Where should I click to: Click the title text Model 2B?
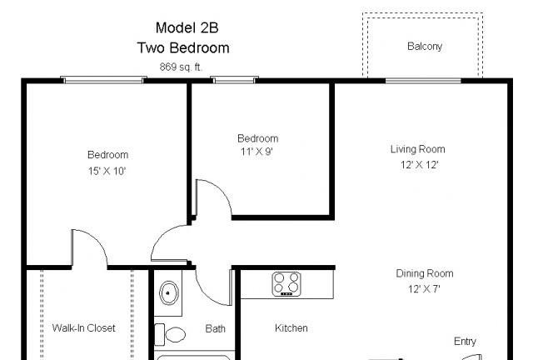tap(183, 28)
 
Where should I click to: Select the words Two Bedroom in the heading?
tap(183, 47)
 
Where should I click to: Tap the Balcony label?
tap(424, 47)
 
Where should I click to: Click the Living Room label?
tap(417, 149)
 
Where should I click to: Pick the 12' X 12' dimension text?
tap(418, 165)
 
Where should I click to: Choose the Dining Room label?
tap(425, 273)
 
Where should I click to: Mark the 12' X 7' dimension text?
tap(424, 289)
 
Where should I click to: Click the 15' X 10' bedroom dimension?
tap(107, 171)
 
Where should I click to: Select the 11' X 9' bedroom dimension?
tap(257, 152)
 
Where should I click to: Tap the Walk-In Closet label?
tap(84, 327)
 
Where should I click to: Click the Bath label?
tap(215, 328)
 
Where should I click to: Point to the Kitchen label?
tap(291, 328)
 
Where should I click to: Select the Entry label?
tap(465, 342)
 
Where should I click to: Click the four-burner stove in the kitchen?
tap(286, 284)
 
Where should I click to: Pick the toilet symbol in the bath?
tap(175, 335)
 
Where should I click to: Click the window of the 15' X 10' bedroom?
tap(103, 80)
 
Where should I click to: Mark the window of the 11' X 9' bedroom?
tap(233, 80)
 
